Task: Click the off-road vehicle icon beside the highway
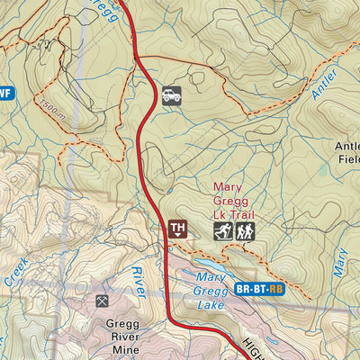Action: click(171, 95)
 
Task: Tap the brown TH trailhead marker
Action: click(177, 229)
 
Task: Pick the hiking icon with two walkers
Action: click(245, 231)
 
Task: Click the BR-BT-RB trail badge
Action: click(259, 290)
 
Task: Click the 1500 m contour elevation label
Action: click(53, 111)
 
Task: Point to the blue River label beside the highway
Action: click(138, 281)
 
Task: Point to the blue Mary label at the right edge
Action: click(340, 261)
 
